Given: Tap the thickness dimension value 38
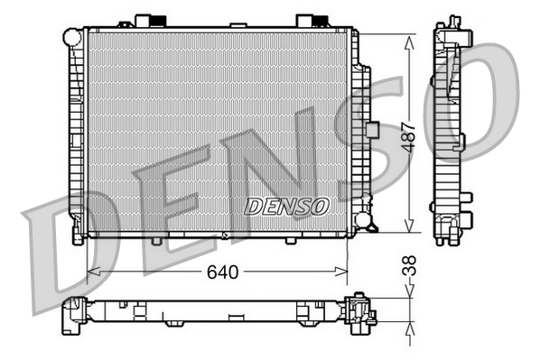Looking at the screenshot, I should [409, 269].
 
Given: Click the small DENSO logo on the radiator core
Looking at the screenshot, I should [286, 207].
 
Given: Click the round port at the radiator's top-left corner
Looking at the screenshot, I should [72, 36].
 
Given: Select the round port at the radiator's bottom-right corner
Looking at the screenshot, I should [362, 219].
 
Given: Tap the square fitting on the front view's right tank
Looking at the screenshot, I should [370, 129].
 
